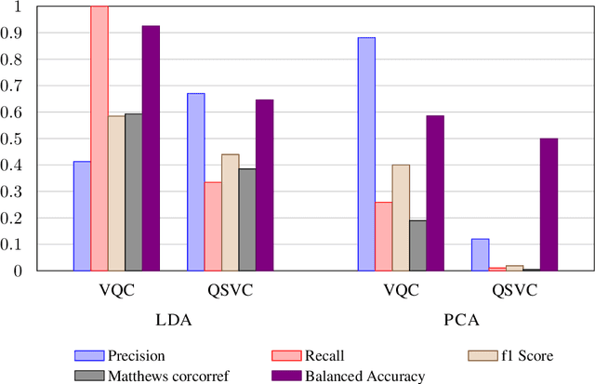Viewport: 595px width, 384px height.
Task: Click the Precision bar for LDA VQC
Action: point(82,216)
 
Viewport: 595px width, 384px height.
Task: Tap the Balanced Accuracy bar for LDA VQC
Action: point(151,148)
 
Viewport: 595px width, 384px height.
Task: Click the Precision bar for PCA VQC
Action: point(366,153)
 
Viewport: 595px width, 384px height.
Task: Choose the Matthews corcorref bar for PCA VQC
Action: point(417,245)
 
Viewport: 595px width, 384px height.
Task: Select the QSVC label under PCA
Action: point(514,290)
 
